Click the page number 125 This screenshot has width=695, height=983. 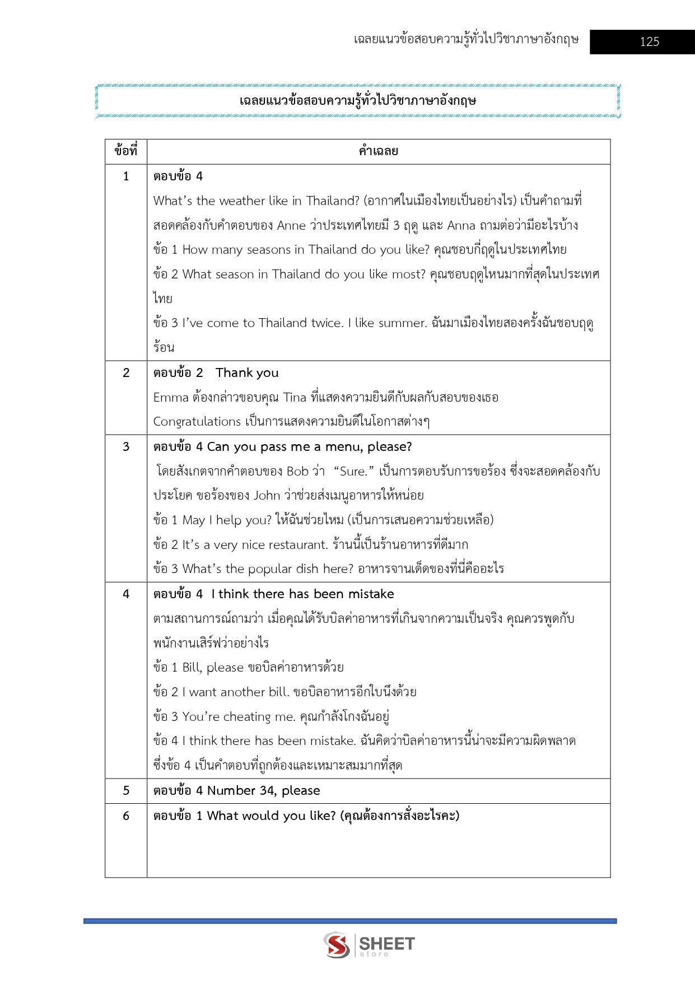(x=649, y=41)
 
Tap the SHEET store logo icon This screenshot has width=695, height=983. (x=337, y=945)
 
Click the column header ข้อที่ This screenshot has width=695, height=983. (x=125, y=151)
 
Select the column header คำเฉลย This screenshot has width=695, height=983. (x=378, y=151)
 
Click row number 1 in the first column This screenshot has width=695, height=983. (x=126, y=176)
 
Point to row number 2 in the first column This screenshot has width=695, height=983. (x=126, y=373)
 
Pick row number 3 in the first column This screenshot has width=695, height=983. (x=126, y=447)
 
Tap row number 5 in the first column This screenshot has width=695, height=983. (x=126, y=790)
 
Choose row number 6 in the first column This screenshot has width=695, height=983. (x=126, y=816)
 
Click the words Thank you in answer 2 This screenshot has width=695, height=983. (x=247, y=373)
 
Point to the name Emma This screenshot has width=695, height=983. (x=171, y=398)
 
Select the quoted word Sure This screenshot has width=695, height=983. (x=353, y=472)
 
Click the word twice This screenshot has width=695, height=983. (x=327, y=323)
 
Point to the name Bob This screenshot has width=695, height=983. (x=297, y=472)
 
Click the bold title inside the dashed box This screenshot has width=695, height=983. (x=358, y=101)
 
